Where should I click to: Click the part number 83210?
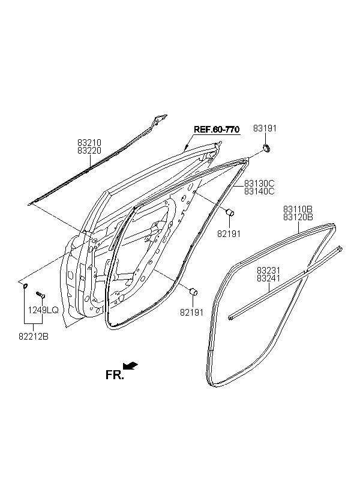89,143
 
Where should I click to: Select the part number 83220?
89,151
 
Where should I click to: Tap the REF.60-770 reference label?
217,129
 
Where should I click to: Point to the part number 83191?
265,128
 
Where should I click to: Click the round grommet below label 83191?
266,148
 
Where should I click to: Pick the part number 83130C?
259,183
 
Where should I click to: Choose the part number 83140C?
259,191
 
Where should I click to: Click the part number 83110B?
298,209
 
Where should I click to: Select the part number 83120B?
298,217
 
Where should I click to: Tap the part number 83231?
268,270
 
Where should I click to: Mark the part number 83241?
268,278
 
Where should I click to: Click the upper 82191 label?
229,234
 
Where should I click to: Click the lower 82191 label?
192,312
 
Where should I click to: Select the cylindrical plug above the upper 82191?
230,212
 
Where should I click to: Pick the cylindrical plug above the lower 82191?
193,291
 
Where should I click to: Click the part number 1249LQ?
43,310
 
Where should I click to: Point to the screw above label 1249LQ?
41,295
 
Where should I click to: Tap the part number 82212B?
34,337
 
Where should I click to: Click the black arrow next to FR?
130,365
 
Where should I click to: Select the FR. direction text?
115,375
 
